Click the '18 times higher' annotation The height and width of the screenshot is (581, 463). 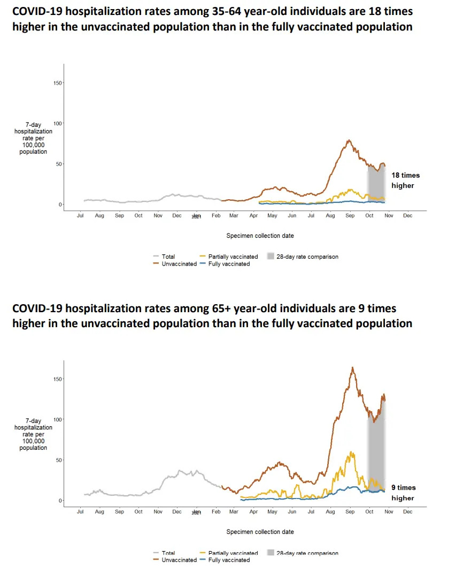coord(405,180)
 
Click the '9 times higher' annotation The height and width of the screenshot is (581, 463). coord(403,493)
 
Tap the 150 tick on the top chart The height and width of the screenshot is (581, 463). coord(58,83)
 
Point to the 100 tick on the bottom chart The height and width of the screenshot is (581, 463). coord(58,419)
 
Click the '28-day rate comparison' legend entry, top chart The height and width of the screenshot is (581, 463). coord(307,256)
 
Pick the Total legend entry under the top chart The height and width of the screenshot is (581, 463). coord(168,256)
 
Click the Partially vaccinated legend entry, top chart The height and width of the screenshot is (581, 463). coord(233,256)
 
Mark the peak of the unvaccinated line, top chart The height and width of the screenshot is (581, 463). coord(349,140)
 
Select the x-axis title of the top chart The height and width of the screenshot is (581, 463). coord(260,236)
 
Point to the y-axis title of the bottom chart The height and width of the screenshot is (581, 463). coord(33,434)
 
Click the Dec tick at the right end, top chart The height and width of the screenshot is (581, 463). coord(407,216)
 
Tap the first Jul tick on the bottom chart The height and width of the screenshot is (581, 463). coord(80,512)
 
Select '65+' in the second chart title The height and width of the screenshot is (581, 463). coord(222,309)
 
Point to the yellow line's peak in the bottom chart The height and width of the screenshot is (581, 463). coord(351,452)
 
